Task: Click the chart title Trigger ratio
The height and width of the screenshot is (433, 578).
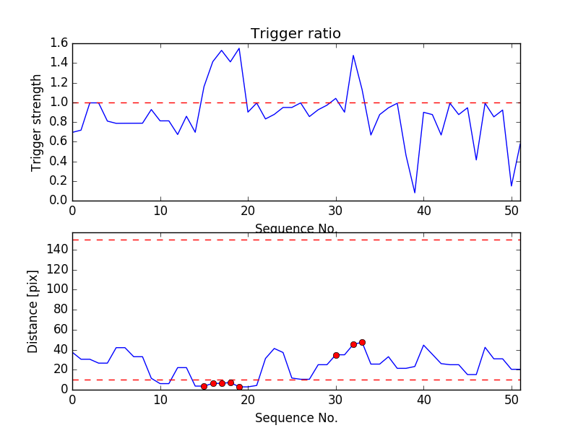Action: pos(296,34)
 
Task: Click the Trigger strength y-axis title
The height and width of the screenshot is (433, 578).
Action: pos(37,122)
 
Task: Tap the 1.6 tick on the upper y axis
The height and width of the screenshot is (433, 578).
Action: pos(59,43)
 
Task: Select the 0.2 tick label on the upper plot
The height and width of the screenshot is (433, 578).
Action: pos(59,181)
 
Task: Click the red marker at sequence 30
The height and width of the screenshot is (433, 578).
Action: pos(336,355)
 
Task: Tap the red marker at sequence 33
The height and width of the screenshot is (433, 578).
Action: pos(362,342)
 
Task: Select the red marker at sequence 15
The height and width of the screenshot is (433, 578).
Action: pos(204,386)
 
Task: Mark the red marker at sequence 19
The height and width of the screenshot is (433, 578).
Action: pos(239,387)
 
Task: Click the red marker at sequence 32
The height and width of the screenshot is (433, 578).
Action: pos(353,344)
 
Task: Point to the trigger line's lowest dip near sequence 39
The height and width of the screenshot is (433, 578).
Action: pos(415,193)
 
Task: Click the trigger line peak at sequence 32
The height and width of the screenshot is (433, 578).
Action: pos(353,56)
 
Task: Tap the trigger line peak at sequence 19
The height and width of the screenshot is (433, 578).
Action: pos(239,48)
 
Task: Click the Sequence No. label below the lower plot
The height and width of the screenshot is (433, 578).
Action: pos(296,418)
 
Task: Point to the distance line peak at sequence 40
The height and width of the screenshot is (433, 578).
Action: pos(423,345)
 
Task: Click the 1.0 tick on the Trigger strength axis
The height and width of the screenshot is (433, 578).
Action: pos(59,102)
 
